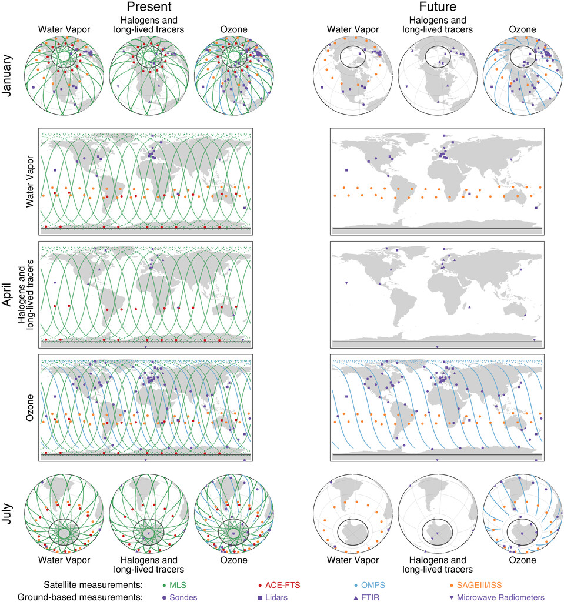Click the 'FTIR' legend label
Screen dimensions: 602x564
[372, 597]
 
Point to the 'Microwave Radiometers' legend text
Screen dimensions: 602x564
[501, 597]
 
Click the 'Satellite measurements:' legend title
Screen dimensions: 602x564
[94, 586]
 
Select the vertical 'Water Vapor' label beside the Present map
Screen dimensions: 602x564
[28, 179]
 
